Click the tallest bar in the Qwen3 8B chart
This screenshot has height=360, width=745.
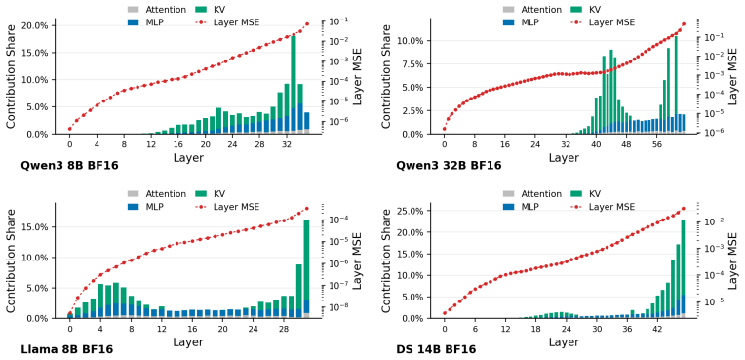[x=294, y=85]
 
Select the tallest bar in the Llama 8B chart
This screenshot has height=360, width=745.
[x=306, y=269]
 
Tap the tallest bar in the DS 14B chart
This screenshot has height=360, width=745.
[x=683, y=269]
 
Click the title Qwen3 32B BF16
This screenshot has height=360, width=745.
[x=449, y=166]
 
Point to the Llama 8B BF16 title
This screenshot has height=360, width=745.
[x=67, y=349]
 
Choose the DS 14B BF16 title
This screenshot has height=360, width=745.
[x=436, y=349]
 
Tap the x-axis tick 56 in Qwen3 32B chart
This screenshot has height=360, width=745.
[x=657, y=144]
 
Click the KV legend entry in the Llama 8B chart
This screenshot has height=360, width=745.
[x=211, y=194]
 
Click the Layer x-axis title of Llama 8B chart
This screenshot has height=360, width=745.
[x=187, y=341]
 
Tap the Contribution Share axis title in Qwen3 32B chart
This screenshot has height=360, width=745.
[x=387, y=76]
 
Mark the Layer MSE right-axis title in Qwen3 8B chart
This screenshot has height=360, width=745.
[x=356, y=76]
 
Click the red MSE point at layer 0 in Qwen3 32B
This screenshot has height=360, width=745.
[x=445, y=129]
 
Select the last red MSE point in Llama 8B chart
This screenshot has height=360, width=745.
[x=306, y=209]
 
